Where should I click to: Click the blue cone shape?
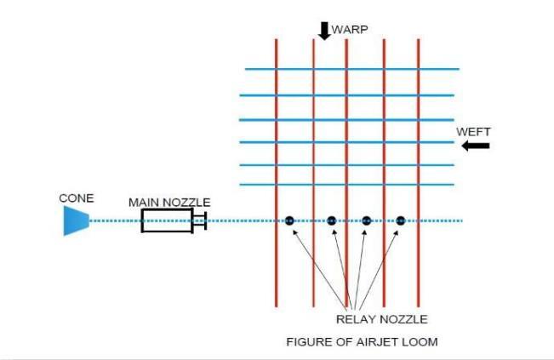(76, 221)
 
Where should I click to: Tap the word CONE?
(77, 198)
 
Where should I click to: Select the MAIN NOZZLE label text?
(169, 202)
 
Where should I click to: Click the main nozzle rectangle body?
(167, 221)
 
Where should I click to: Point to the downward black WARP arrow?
(324, 31)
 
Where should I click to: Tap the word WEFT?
(473, 131)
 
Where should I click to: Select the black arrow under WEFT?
(476, 146)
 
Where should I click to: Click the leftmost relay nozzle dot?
(289, 221)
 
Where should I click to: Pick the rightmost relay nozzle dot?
(400, 221)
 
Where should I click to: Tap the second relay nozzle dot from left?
(331, 221)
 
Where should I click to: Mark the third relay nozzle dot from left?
(366, 221)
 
